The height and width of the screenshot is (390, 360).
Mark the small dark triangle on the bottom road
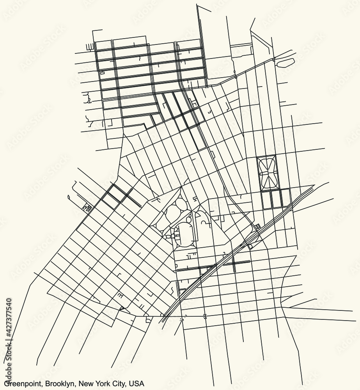pyautogui.click(x=121, y=309)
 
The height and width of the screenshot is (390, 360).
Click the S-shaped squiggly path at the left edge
pyautogui.click(x=89, y=97)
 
